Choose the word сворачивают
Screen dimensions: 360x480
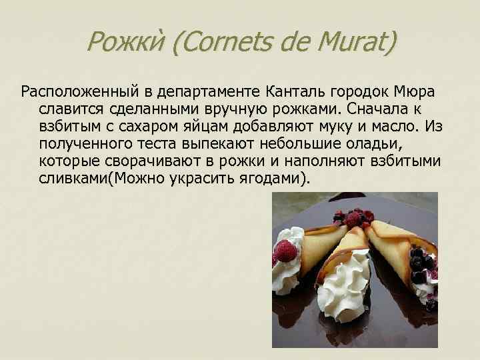tap(150, 162)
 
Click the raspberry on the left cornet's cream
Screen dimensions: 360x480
tap(286, 251)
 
